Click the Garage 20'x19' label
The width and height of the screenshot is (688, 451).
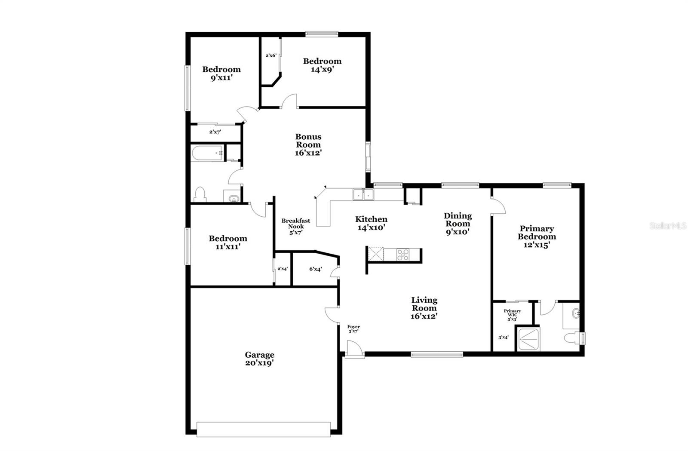click(x=259, y=359)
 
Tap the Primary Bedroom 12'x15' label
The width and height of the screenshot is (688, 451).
click(x=537, y=236)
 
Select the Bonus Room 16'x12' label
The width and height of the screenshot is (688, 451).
click(x=308, y=144)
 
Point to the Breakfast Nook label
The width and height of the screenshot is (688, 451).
click(x=295, y=226)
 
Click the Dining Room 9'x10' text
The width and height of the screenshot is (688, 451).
click(x=458, y=223)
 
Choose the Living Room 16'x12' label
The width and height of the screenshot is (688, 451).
click(x=424, y=308)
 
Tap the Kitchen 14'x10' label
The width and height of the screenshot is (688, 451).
click(x=371, y=223)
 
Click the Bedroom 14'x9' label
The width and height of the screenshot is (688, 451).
click(x=322, y=65)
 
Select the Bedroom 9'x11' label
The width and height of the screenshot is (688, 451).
click(x=221, y=73)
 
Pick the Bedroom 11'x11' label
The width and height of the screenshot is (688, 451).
click(x=228, y=242)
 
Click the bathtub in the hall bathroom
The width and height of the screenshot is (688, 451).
click(x=207, y=153)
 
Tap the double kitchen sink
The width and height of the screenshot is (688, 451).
click(x=364, y=195)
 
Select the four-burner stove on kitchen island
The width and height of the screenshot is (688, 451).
click(x=403, y=255)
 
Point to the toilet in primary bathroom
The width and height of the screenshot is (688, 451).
click(x=572, y=338)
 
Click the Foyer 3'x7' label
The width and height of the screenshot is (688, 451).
click(x=353, y=329)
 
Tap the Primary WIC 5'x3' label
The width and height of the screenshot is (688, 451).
click(x=512, y=315)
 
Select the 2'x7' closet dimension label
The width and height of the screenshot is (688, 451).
click(x=215, y=132)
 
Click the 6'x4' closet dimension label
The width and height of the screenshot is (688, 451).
click(x=315, y=269)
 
